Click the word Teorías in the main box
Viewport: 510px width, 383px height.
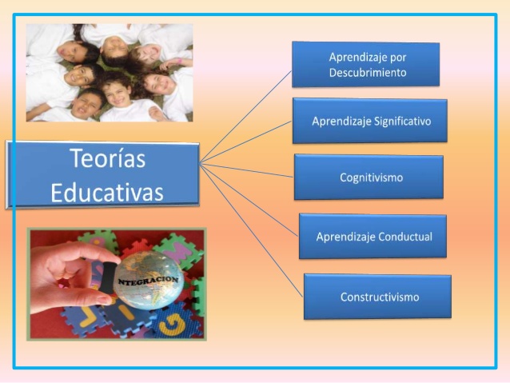pyautogui.click(x=107, y=159)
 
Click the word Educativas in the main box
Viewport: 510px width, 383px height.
pyautogui.click(x=107, y=192)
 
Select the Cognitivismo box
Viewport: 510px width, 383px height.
pyautogui.click(x=369, y=177)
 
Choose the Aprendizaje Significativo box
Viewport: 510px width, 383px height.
pyautogui.click(x=369, y=121)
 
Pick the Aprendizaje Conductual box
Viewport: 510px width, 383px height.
pyautogui.click(x=373, y=237)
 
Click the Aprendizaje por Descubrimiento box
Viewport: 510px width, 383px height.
pyautogui.click(x=366, y=64)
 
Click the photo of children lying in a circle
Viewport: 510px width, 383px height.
pyautogui.click(x=110, y=72)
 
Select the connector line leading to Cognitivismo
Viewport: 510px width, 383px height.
pyautogui.click(x=248, y=170)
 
